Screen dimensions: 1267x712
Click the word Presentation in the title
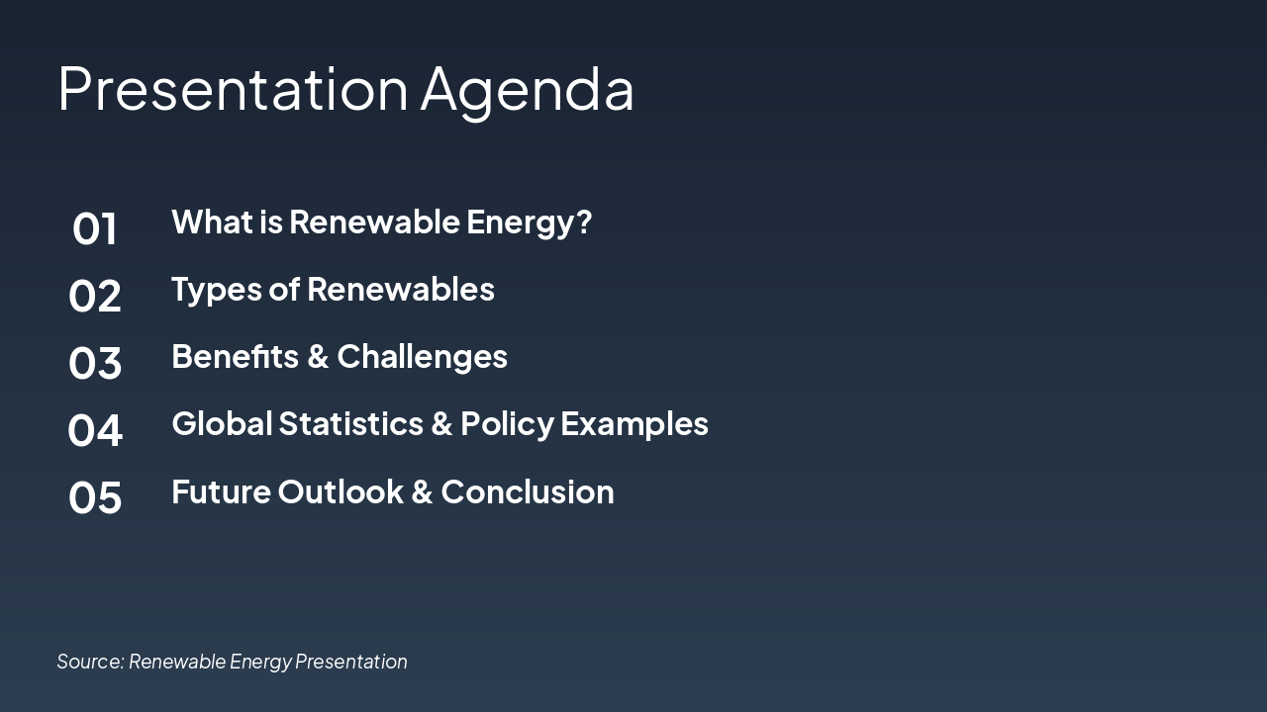point(233,89)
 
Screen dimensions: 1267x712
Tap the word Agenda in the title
point(528,93)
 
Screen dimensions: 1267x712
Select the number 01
point(94,228)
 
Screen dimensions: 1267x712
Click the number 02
point(94,296)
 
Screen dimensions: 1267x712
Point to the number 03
point(94,363)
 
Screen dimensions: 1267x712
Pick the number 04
point(94,430)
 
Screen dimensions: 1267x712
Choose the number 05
point(94,497)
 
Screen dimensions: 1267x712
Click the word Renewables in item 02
point(401,290)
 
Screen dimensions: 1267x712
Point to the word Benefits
point(236,357)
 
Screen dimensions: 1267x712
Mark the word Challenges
point(422,359)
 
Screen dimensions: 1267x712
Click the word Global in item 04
point(223,424)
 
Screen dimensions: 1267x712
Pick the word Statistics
point(350,424)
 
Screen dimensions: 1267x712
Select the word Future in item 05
point(221,491)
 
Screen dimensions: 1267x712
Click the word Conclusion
point(528,491)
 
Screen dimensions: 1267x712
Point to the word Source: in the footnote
point(90,662)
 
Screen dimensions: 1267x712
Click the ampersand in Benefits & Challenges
point(318,357)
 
